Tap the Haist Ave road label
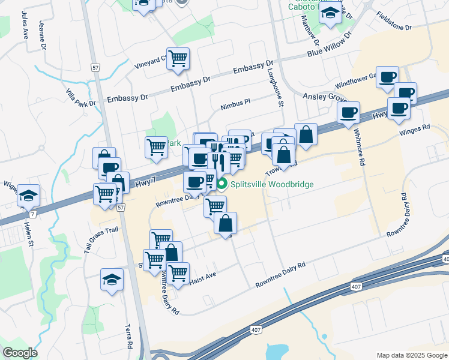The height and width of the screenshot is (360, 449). click(x=202, y=276)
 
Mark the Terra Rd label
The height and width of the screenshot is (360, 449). click(x=128, y=337)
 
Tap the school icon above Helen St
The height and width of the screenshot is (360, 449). click(x=28, y=195)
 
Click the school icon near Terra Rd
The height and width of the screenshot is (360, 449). click(x=111, y=280)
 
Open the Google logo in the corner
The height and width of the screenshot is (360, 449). click(x=20, y=353)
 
